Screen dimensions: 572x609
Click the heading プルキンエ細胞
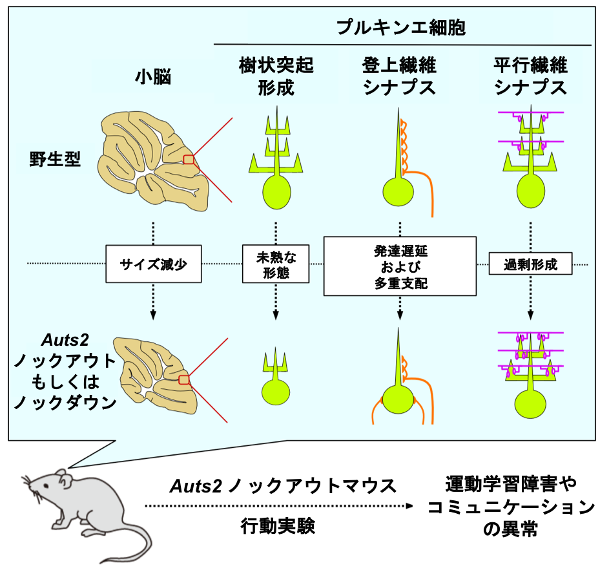(x=401, y=28)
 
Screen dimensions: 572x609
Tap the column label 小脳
(x=152, y=76)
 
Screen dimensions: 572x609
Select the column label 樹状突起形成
(x=276, y=76)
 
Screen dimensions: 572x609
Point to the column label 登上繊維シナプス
(x=400, y=76)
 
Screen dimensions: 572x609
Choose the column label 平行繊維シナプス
(x=531, y=76)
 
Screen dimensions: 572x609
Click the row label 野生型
(x=55, y=158)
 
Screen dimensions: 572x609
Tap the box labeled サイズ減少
(x=154, y=264)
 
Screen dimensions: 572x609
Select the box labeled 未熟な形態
(x=276, y=264)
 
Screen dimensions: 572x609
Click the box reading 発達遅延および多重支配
(x=400, y=265)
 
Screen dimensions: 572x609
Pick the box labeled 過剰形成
(x=531, y=264)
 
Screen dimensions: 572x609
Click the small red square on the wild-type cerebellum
(x=188, y=160)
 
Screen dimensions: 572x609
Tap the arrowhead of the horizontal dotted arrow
(x=408, y=505)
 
